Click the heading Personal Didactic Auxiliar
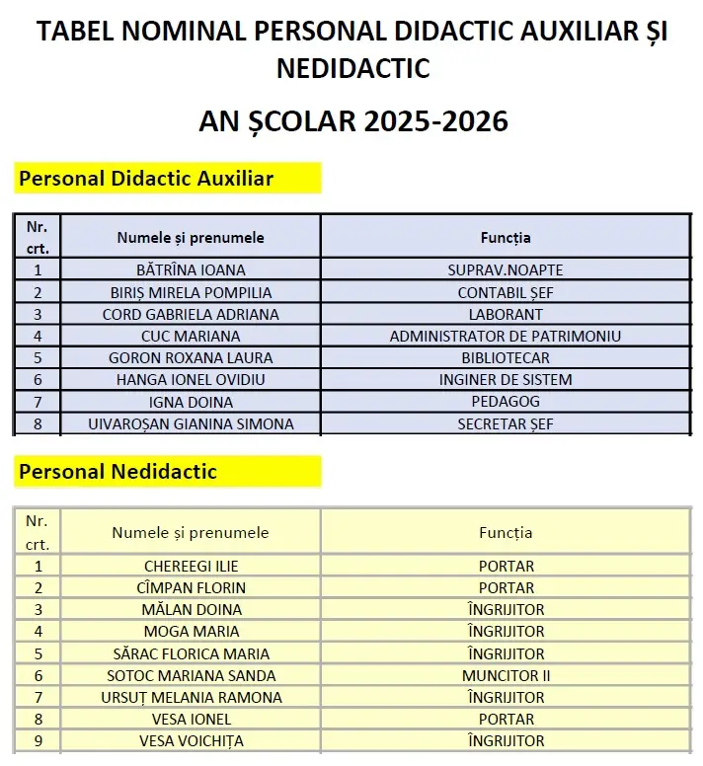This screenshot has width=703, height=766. click(x=146, y=179)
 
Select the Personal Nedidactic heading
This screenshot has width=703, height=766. click(x=117, y=471)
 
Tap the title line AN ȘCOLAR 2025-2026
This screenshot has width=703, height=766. click(x=352, y=120)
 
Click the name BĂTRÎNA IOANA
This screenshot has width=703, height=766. click(x=191, y=269)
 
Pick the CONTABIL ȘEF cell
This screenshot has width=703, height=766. click(x=506, y=292)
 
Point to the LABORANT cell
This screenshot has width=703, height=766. click(x=506, y=314)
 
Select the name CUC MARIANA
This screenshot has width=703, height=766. click(x=191, y=336)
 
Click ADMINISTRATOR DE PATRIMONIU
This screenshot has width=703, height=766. click(x=506, y=336)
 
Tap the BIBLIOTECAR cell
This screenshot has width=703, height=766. click(x=506, y=357)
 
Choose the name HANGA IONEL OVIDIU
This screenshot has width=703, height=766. click(x=191, y=379)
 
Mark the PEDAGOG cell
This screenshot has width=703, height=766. click(x=506, y=402)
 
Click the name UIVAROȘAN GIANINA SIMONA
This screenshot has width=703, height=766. click(x=191, y=423)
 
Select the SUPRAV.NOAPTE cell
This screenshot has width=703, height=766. click(x=506, y=269)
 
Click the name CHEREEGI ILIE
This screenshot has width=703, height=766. click(x=191, y=566)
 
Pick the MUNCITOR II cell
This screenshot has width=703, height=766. click(x=506, y=675)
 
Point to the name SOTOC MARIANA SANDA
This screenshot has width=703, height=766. click(x=191, y=675)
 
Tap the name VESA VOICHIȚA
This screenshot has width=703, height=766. click(x=191, y=740)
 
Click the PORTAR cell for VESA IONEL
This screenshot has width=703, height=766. click(x=506, y=719)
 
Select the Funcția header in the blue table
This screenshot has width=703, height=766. click(x=506, y=237)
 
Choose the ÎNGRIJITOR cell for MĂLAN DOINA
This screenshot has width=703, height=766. click(x=506, y=609)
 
